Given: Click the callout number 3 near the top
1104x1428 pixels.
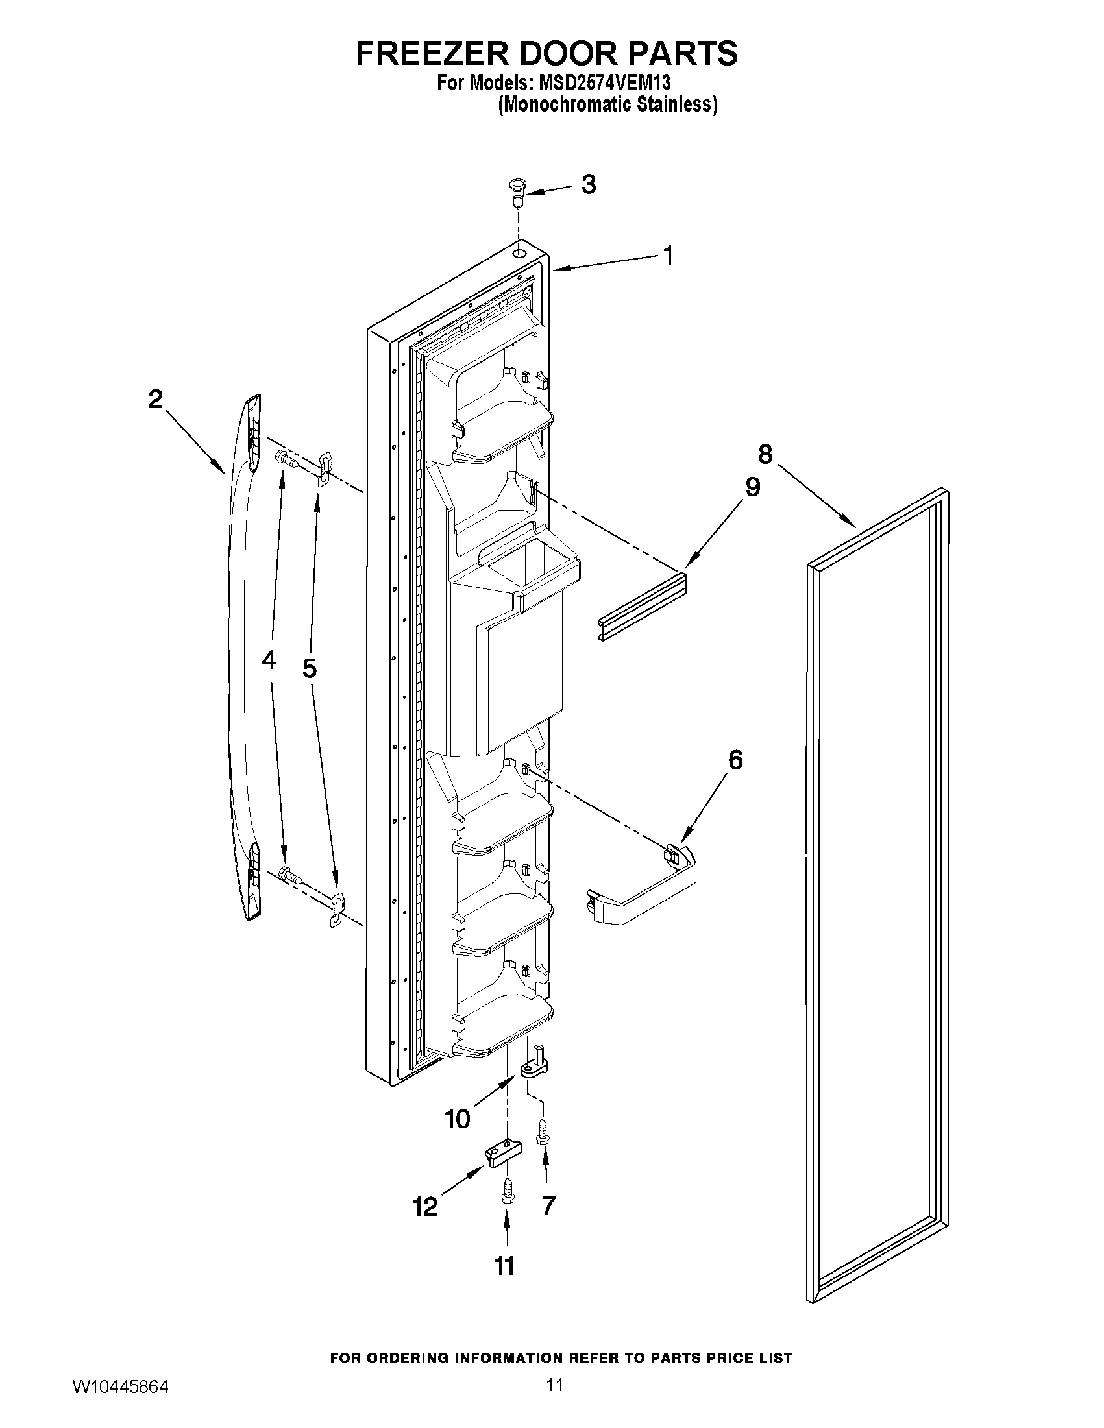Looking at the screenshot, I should pos(588,185).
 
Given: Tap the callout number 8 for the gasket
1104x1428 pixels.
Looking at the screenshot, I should pos(765,453).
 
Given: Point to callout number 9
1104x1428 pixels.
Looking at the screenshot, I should pos(752,487).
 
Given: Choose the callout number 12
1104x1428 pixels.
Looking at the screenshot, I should pos(425,1206).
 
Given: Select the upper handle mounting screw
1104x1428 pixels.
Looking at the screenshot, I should pos(286,458).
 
